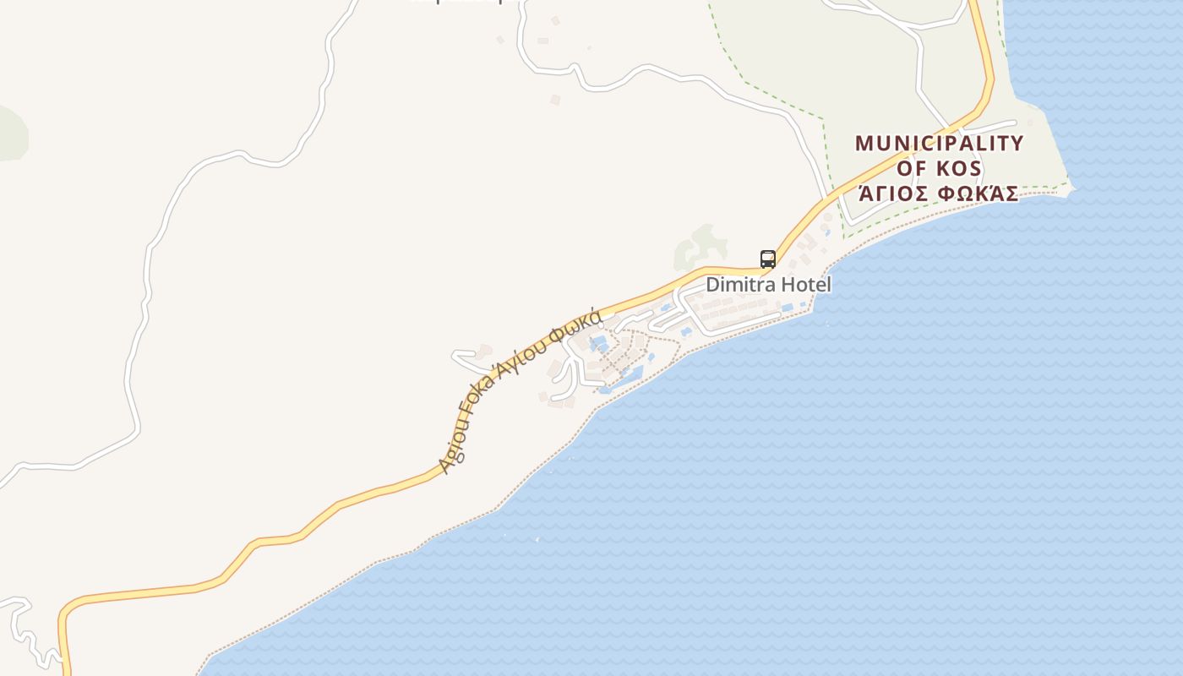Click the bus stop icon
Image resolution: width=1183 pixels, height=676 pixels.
pos(767,259)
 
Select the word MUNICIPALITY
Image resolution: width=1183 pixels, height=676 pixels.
pos(939,143)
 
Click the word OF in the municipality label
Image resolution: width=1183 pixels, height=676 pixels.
pos(911,168)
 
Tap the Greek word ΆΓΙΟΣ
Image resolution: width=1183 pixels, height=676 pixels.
pos(888,194)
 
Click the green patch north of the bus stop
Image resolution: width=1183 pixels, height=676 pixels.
pos(702,246)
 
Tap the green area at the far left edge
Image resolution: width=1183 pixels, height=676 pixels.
pos(12,134)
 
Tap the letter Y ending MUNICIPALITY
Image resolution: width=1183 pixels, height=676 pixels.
pos(1015,143)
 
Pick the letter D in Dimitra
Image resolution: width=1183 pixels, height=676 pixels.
pos(712,285)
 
